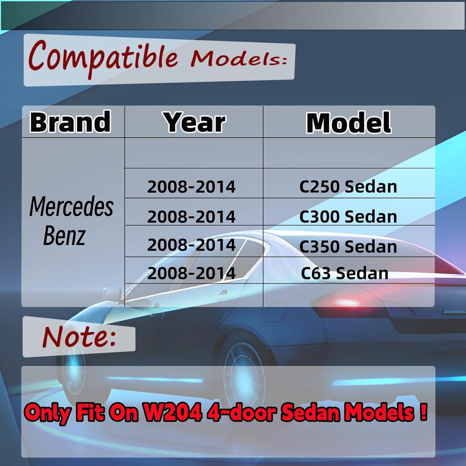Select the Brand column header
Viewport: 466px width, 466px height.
click(x=70, y=122)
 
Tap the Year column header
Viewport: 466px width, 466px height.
click(x=194, y=122)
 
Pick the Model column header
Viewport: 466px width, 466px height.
click(x=349, y=123)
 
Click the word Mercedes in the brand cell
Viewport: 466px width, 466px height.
click(x=71, y=207)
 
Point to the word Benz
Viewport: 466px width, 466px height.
click(x=64, y=235)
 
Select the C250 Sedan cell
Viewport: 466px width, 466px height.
click(x=348, y=187)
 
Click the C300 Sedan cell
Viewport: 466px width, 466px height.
click(x=348, y=217)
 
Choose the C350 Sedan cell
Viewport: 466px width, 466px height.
click(x=348, y=246)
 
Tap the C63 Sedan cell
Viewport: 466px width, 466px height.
click(x=345, y=273)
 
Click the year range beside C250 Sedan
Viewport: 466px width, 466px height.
click(x=191, y=187)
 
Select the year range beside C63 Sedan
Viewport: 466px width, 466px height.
click(x=191, y=273)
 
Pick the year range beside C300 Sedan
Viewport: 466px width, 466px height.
click(x=191, y=217)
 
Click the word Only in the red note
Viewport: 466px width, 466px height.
click(x=48, y=413)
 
